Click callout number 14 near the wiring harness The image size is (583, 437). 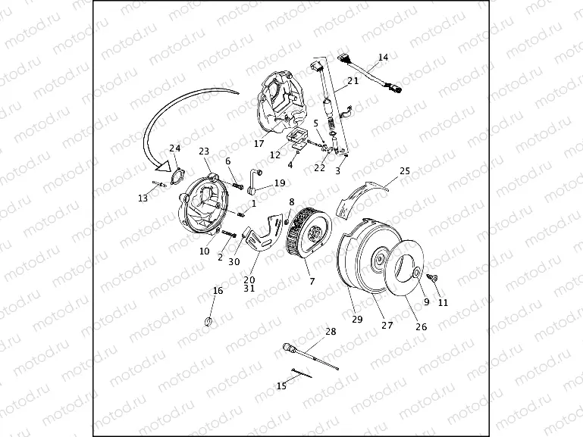[383, 58]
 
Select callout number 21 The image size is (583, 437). [353, 81]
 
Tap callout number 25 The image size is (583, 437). [404, 171]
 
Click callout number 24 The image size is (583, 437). [175, 148]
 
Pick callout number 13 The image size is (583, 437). [143, 198]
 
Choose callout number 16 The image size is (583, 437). [218, 290]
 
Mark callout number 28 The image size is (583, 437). [330, 332]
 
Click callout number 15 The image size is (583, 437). [281, 385]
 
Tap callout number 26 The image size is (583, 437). [421, 326]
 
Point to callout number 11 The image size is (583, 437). [443, 302]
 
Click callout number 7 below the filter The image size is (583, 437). [312, 281]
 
